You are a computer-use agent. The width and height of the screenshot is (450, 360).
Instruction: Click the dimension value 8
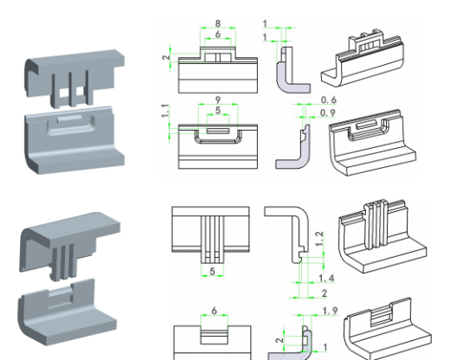tap(218, 23)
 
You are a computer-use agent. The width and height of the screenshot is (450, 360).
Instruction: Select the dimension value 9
tap(218, 100)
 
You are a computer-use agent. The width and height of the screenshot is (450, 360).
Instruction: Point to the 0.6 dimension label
tap(329, 100)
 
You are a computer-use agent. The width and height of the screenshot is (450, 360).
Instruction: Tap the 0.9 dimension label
tap(328, 113)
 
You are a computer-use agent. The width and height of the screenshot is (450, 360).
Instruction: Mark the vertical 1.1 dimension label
tap(165, 111)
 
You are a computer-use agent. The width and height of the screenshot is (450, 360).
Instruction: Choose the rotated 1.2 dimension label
tap(319, 239)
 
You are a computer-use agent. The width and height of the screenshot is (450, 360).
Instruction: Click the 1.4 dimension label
tap(326, 279)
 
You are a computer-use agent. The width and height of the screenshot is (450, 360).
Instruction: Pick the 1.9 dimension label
tap(331, 311)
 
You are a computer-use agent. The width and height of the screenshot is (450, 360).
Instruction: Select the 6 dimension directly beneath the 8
tap(218, 34)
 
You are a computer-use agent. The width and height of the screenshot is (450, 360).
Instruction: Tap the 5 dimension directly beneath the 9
tap(218, 111)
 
